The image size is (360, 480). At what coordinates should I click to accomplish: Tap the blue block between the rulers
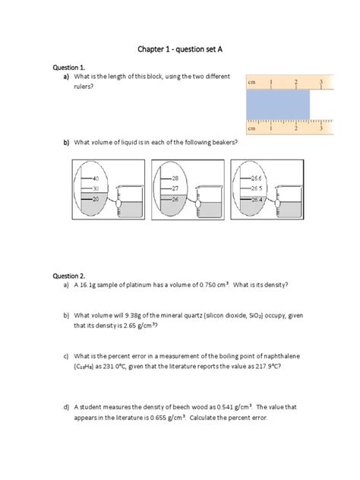click(278, 105)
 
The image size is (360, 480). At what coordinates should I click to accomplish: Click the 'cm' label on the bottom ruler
click(253, 129)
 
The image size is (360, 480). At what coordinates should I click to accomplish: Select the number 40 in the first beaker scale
click(96, 177)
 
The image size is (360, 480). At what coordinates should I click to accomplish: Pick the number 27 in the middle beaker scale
click(174, 188)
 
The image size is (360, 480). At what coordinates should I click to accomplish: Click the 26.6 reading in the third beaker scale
click(256, 177)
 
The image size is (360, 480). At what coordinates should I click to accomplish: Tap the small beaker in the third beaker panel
click(292, 204)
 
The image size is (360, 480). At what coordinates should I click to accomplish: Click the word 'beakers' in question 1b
click(223, 142)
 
